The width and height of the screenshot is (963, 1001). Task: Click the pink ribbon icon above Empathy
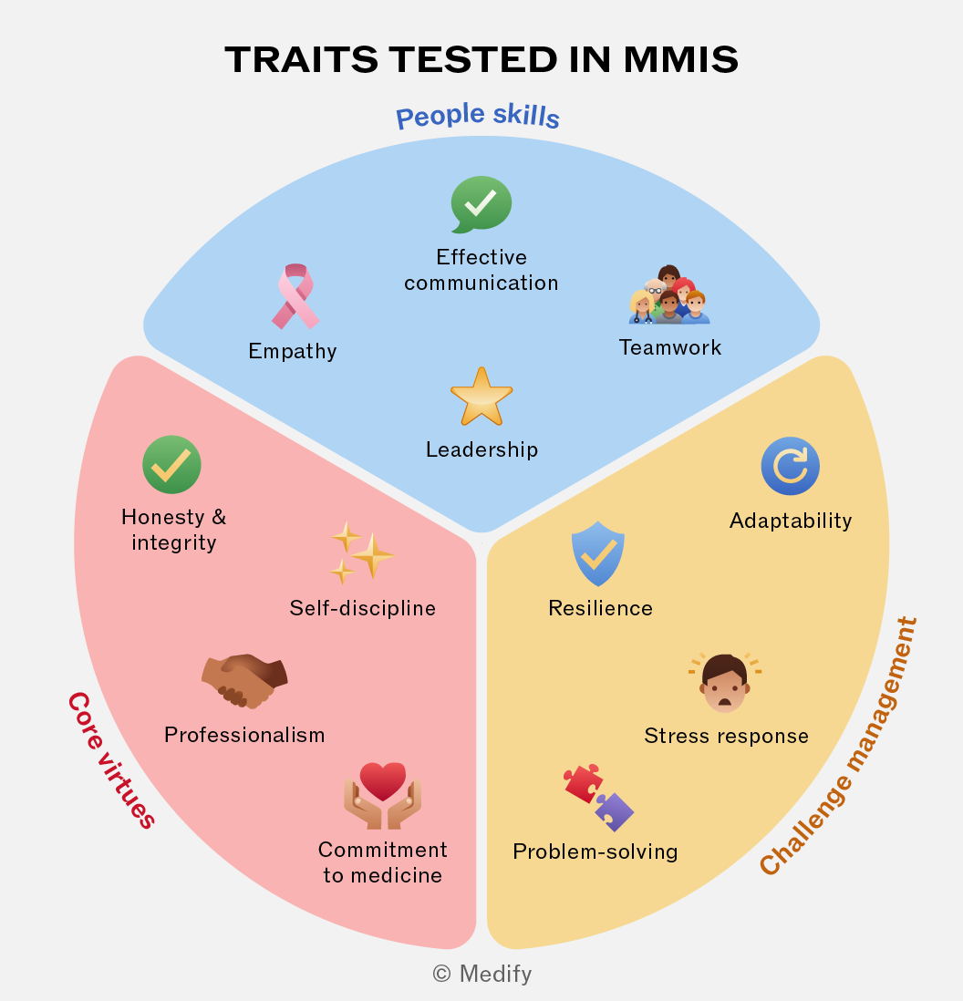click(x=295, y=296)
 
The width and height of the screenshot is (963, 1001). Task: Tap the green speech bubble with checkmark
click(x=481, y=204)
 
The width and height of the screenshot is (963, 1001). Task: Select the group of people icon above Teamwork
click(x=669, y=294)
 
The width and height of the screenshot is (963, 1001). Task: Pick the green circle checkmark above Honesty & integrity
click(x=171, y=465)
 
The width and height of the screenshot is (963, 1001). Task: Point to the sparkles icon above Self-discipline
click(x=362, y=552)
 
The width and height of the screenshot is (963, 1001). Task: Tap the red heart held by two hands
click(x=382, y=780)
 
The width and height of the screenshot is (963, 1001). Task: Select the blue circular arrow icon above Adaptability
click(x=791, y=466)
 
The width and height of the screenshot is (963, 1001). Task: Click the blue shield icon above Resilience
click(x=597, y=553)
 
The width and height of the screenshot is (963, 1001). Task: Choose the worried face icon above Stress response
click(x=725, y=683)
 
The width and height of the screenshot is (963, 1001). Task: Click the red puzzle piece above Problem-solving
click(x=583, y=783)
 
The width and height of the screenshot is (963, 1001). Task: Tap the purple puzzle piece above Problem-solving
click(x=615, y=811)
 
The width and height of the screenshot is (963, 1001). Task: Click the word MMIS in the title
click(x=680, y=59)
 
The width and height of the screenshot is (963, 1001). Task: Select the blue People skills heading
click(x=478, y=116)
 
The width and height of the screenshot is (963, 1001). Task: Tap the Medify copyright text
click(x=482, y=974)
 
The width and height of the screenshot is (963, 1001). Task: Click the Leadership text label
click(x=482, y=449)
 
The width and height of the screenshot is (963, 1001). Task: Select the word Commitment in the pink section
click(x=382, y=850)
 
